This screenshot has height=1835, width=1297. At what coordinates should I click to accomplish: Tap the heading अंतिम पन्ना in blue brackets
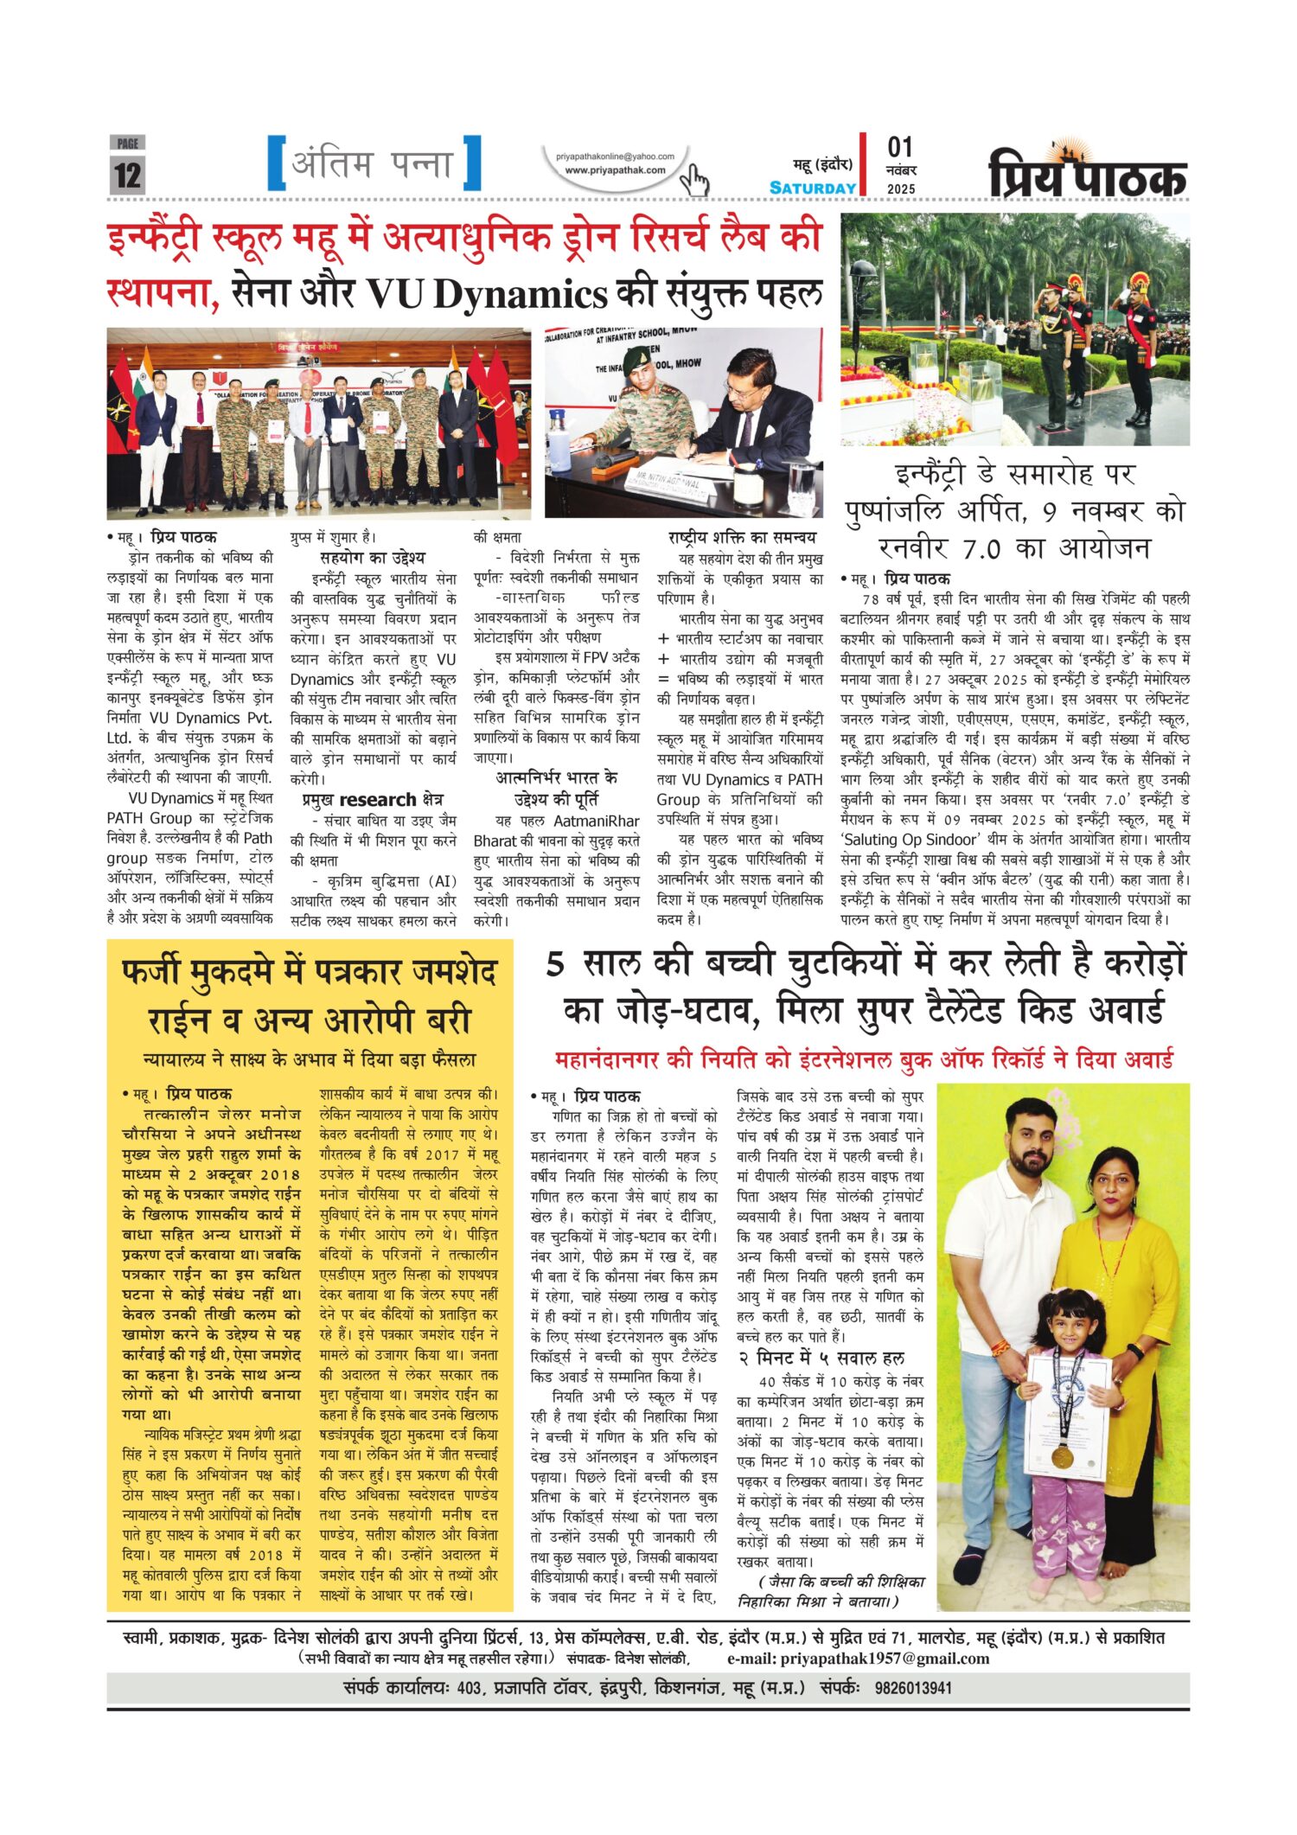point(374,163)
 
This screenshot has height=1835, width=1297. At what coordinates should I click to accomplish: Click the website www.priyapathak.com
point(615,170)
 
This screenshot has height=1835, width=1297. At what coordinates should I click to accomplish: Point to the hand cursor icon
point(694,181)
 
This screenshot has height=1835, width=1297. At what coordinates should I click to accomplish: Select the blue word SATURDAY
point(813,188)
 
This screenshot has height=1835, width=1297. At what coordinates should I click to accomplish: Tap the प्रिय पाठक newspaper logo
point(1088,173)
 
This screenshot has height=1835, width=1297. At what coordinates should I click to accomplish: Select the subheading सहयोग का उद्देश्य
point(372,558)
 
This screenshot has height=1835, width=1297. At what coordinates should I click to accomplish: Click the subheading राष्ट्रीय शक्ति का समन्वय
point(742,537)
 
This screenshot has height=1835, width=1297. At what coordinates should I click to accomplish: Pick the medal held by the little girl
point(1061,1455)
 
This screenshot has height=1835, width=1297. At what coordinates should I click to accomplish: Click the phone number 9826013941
point(913,1687)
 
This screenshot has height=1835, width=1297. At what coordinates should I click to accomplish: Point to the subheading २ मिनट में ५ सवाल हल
point(821,1358)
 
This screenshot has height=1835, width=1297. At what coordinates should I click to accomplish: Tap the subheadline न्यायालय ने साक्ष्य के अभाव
point(310,1059)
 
